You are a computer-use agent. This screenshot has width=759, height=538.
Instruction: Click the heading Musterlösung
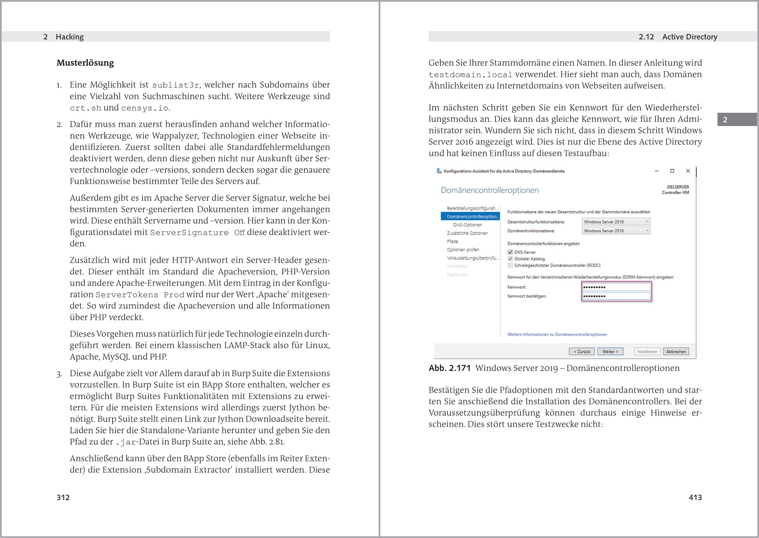[x=85, y=63]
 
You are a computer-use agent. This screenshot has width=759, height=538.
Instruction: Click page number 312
[x=63, y=498]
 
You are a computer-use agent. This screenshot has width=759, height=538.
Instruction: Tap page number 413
[x=695, y=498]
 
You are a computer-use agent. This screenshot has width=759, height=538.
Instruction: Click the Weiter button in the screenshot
[x=610, y=351]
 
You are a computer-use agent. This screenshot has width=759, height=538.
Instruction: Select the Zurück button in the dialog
[x=582, y=351]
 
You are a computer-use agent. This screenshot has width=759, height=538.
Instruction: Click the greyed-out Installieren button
[x=647, y=351]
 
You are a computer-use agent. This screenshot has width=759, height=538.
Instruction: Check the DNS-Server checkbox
[x=510, y=252]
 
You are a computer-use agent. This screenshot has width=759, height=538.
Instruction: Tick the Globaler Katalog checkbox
[x=510, y=259]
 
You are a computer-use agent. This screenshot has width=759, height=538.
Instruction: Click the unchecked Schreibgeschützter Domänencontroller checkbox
[x=510, y=265]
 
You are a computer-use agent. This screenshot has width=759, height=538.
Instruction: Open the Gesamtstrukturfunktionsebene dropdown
[x=616, y=222]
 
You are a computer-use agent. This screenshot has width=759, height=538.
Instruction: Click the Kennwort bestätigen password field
[x=616, y=296]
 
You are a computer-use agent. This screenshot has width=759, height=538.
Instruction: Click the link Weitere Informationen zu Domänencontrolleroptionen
[x=557, y=335]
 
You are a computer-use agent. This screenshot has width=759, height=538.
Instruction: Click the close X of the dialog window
[x=688, y=171]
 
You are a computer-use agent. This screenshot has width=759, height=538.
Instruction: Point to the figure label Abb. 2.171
[x=449, y=368]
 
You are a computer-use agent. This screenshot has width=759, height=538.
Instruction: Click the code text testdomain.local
[x=470, y=75]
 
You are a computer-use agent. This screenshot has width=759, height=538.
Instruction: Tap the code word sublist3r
[x=175, y=85]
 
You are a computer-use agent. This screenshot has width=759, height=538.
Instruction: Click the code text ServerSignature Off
[x=197, y=233]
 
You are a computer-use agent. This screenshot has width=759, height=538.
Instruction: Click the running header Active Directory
[x=689, y=37]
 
